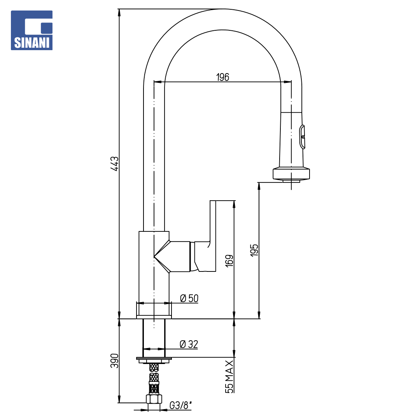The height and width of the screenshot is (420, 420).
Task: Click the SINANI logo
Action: click(x=31, y=30)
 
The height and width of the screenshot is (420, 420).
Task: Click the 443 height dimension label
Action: click(x=115, y=164)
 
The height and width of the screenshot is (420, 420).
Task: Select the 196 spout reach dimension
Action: click(x=222, y=77)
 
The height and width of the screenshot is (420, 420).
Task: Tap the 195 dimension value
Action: click(x=254, y=250)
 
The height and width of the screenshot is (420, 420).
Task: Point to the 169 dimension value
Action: click(x=229, y=261)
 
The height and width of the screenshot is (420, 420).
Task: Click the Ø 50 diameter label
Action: click(x=189, y=298)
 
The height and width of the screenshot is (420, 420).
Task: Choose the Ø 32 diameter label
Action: click(x=189, y=344)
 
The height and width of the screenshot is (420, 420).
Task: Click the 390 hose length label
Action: click(x=115, y=361)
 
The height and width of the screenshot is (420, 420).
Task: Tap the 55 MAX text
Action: click(x=229, y=376)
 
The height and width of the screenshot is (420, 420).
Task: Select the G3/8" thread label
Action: click(x=181, y=405)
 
